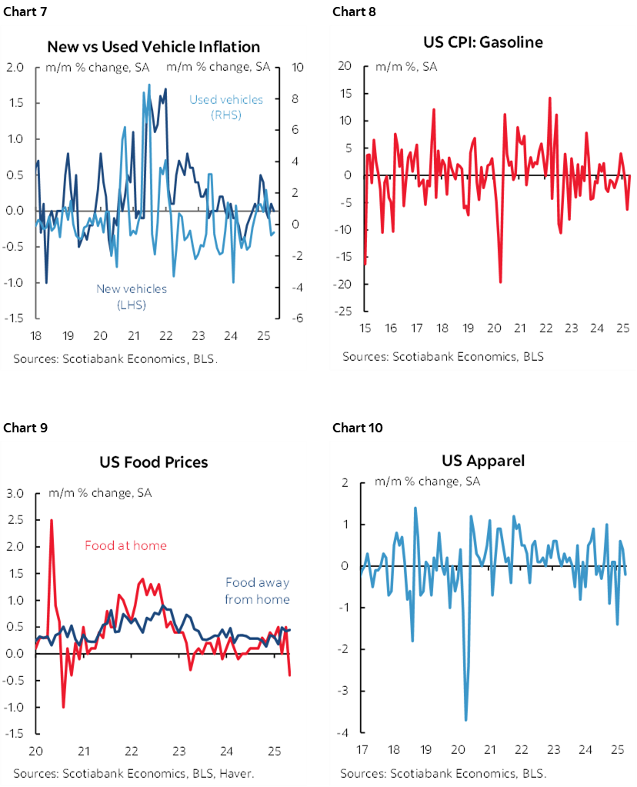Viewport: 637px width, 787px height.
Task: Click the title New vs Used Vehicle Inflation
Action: [x=154, y=47]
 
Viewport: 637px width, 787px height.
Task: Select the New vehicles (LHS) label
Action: [x=131, y=296]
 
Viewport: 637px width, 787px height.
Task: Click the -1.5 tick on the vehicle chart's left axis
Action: [x=16, y=318]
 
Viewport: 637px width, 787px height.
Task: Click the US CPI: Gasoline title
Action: [x=482, y=42]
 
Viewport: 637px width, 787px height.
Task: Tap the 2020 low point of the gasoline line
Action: [x=501, y=282]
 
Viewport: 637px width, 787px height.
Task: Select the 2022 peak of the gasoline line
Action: [x=550, y=98]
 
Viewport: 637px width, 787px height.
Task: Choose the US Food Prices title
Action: [x=153, y=462]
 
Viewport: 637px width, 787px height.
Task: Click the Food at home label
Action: [x=125, y=545]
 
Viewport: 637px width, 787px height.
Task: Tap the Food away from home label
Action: [x=257, y=591]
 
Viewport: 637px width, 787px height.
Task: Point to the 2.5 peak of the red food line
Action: [x=52, y=520]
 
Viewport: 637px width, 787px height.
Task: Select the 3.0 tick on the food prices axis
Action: [x=16, y=493]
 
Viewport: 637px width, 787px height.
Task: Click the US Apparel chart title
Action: [x=483, y=461]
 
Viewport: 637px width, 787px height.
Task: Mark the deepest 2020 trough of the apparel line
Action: [x=466, y=720]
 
